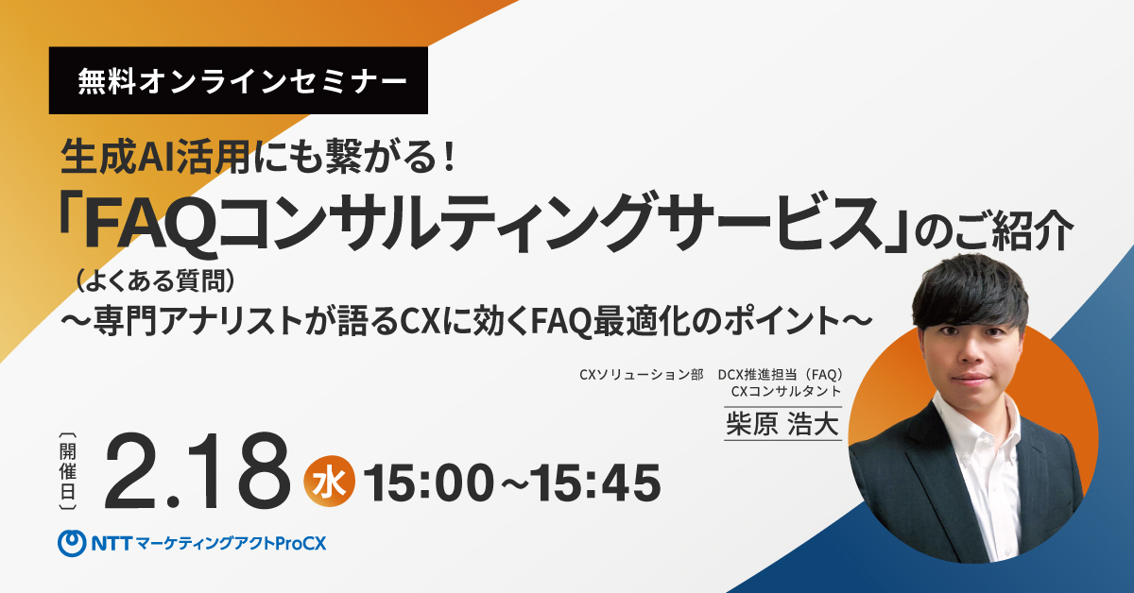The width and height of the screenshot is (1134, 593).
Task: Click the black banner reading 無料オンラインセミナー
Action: [x=238, y=81]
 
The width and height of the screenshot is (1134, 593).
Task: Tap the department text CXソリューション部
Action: [x=641, y=375]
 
